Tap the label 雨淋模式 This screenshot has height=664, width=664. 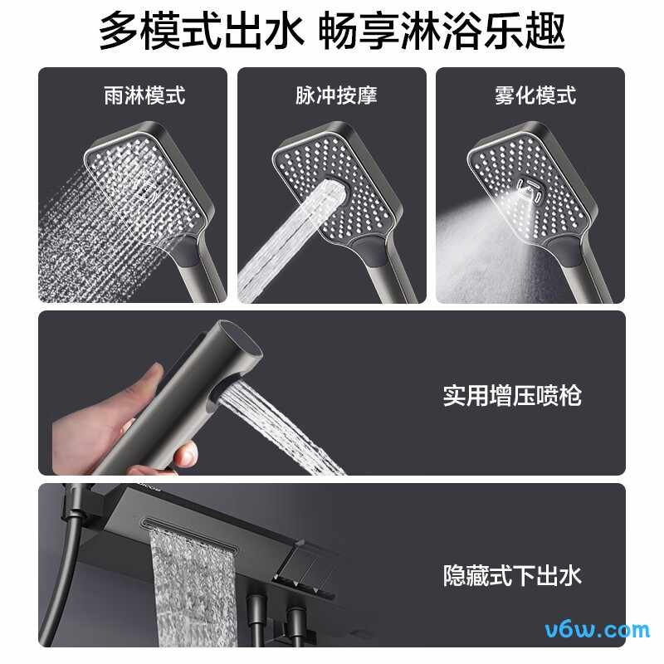[133, 95]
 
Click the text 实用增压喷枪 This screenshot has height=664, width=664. [511, 395]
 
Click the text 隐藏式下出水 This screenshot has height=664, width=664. [511, 574]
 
